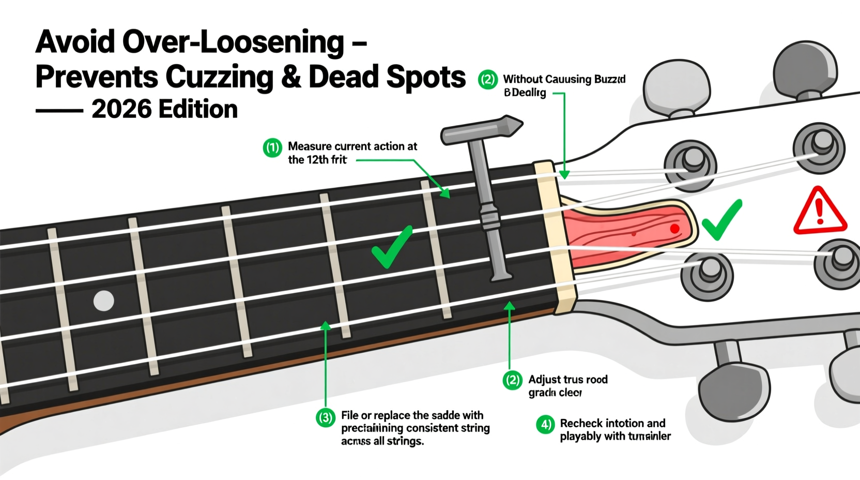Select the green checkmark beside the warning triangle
click(x=721, y=220)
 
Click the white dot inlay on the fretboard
click(x=103, y=301)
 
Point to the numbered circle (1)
click(x=272, y=147)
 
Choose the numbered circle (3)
click(x=326, y=417)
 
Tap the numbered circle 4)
click(x=545, y=425)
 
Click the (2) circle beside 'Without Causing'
click(x=487, y=80)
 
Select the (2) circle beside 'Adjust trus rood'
click(x=513, y=380)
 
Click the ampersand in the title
click(x=290, y=78)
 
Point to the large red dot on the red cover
click(x=674, y=229)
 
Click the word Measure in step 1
click(x=310, y=146)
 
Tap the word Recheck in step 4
click(x=581, y=423)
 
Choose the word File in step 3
click(x=349, y=415)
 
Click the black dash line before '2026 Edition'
click(x=59, y=111)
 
